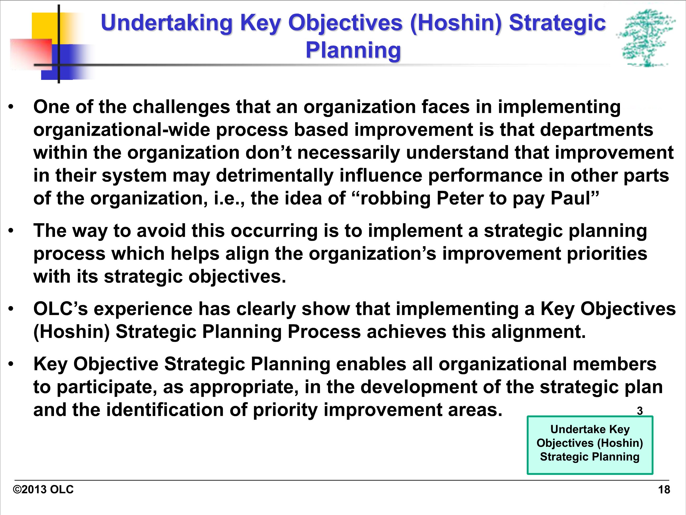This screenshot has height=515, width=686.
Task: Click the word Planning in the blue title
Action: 353,50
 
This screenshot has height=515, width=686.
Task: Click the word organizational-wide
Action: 122,130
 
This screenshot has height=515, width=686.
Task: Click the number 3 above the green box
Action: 639,411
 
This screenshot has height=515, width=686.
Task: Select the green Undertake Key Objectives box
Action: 590,445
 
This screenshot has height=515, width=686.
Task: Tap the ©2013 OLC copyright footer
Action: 43,489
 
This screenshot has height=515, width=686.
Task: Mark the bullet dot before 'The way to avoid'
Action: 11,231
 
